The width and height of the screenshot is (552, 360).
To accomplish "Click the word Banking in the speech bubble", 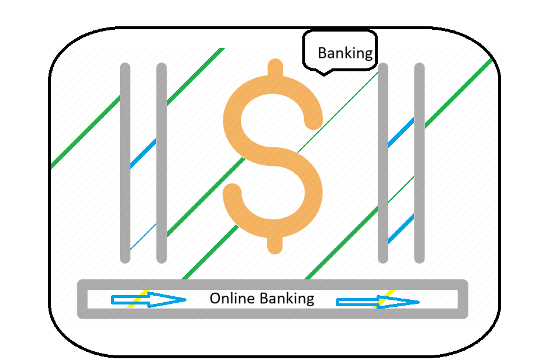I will pyautogui.click(x=345, y=53).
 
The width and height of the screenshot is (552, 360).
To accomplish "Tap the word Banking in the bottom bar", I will pyautogui.click(x=287, y=299).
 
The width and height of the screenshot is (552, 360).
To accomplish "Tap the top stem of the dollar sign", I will pyautogui.click(x=275, y=68).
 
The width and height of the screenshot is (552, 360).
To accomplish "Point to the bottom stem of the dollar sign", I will pyautogui.click(x=275, y=244).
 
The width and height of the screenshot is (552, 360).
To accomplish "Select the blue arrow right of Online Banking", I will pyautogui.click(x=378, y=302).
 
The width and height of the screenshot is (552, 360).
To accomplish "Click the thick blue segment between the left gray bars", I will pyautogui.click(x=143, y=153).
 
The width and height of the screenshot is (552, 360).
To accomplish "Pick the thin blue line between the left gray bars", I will pyautogui.click(x=143, y=237).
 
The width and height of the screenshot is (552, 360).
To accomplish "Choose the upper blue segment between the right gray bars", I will pyautogui.click(x=401, y=131).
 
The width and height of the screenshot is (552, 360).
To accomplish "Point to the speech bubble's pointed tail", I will pyautogui.click(x=324, y=73).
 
